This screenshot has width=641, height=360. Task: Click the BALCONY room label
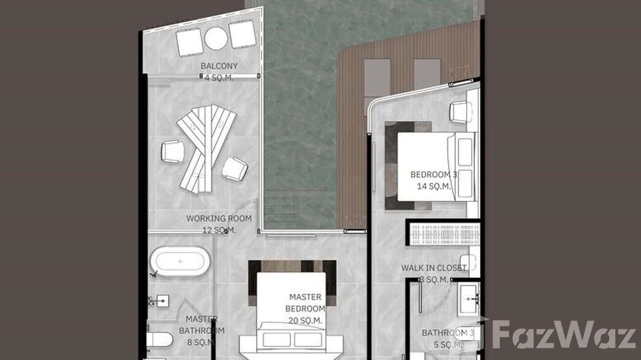219,66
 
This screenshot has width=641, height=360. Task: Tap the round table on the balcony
216,38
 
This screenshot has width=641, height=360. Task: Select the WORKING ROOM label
219,219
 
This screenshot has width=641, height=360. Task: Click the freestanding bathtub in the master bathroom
180,262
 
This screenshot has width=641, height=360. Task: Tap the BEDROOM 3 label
433,175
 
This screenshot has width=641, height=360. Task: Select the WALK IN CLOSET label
433,268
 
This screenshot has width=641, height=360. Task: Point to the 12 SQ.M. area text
219,230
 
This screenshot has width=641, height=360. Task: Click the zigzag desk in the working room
205,146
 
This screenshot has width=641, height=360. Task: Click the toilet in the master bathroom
159,340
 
